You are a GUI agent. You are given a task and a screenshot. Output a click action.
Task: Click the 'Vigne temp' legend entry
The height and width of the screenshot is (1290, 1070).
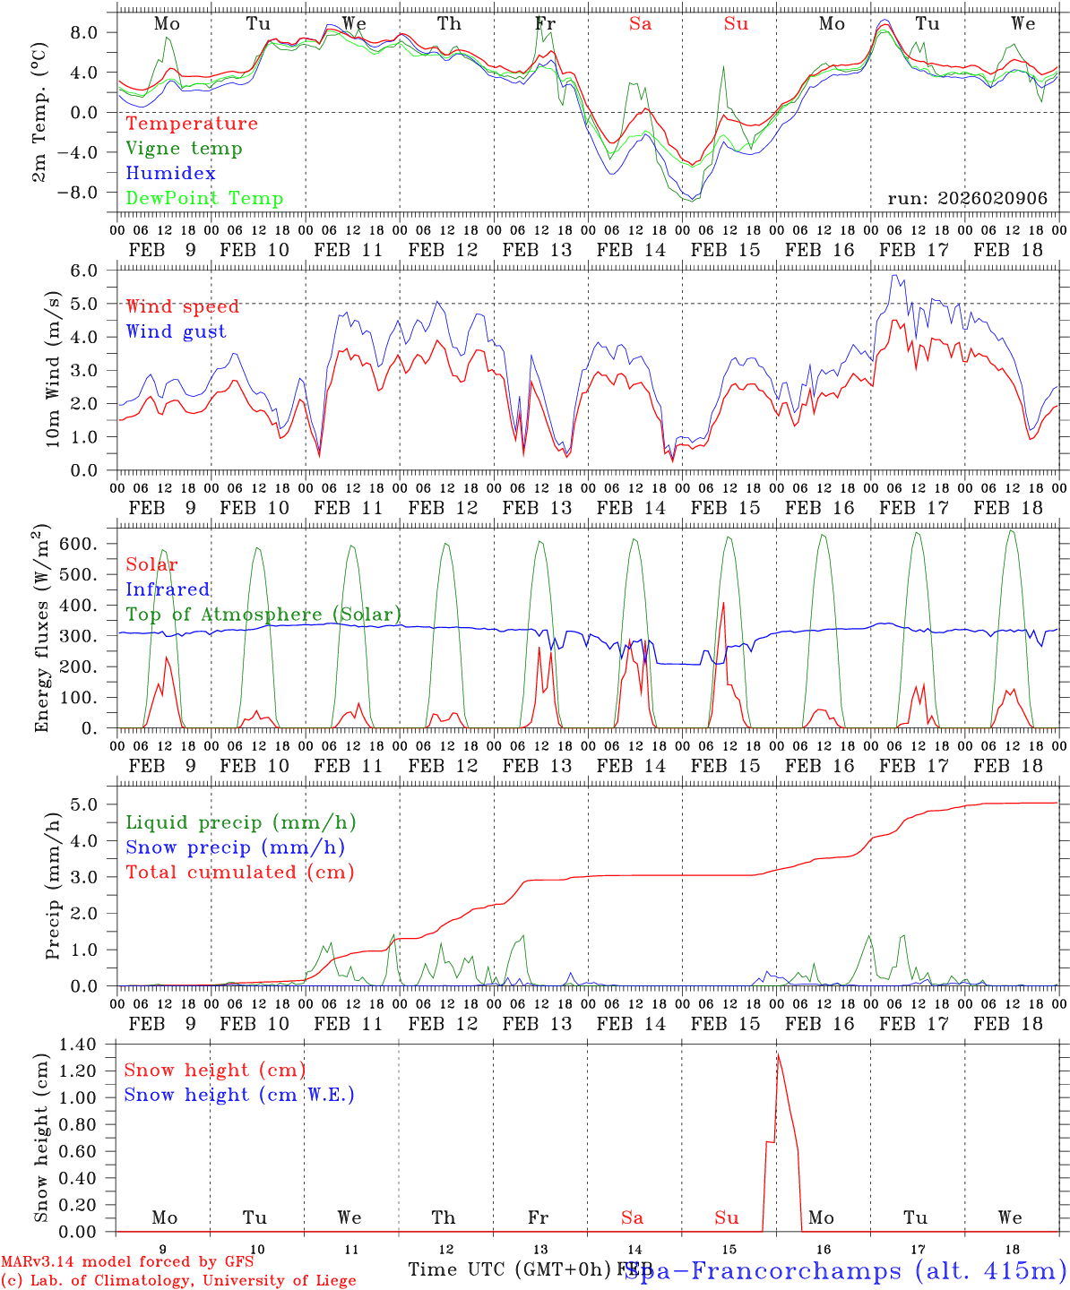point(184,149)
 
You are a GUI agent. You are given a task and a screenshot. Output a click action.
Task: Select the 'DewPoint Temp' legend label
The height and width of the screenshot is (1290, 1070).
point(204,199)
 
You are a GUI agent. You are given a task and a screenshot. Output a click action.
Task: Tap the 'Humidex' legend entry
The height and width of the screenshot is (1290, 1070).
point(170,174)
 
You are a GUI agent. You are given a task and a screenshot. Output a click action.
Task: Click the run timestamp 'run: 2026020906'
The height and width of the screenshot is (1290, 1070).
point(967,199)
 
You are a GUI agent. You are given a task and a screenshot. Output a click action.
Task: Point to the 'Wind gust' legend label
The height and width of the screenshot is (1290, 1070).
point(176,331)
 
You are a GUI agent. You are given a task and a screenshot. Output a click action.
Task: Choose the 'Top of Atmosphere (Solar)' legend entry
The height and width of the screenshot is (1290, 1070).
point(263,615)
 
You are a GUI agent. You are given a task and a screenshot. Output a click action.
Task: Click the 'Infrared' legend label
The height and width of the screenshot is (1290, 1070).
point(168,589)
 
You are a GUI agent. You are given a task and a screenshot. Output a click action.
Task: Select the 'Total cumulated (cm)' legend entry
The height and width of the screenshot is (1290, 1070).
point(240,872)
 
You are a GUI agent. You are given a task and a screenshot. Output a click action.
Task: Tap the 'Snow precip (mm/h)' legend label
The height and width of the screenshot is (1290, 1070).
point(235,847)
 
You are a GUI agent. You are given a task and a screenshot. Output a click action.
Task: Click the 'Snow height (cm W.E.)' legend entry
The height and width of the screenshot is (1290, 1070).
point(239,1095)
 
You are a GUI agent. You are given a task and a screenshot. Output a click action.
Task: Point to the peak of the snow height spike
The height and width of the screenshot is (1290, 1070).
point(778,1053)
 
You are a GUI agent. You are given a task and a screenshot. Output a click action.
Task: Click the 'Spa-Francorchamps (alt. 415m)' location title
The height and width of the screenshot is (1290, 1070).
point(845,1270)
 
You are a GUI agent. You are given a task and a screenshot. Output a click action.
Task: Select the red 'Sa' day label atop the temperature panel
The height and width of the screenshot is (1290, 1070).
point(640,24)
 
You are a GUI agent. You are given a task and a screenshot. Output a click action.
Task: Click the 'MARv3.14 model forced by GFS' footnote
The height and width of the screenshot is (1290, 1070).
point(127,1262)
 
